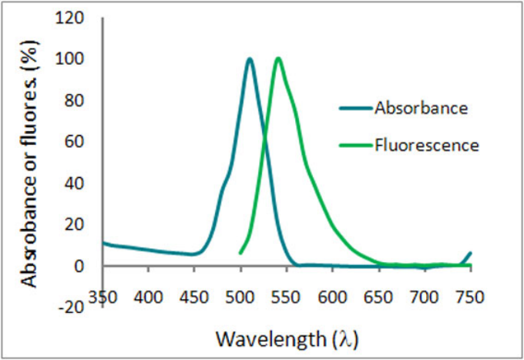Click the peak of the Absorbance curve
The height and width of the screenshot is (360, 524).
pyautogui.click(x=250, y=59)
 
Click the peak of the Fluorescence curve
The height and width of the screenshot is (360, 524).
pyautogui.click(x=277, y=59)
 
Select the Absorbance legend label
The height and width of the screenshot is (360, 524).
pyautogui.click(x=420, y=108)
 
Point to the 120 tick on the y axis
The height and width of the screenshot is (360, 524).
pyautogui.click(x=78, y=18)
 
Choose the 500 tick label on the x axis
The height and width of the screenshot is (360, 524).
pyautogui.click(x=240, y=295)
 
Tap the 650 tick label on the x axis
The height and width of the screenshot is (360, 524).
pyautogui.click(x=378, y=295)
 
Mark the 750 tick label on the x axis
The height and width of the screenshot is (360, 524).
pyautogui.click(x=470, y=295)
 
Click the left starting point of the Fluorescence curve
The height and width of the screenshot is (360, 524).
pyautogui.click(x=240, y=253)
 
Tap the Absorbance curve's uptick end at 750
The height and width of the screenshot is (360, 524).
pyautogui.click(x=470, y=253)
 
